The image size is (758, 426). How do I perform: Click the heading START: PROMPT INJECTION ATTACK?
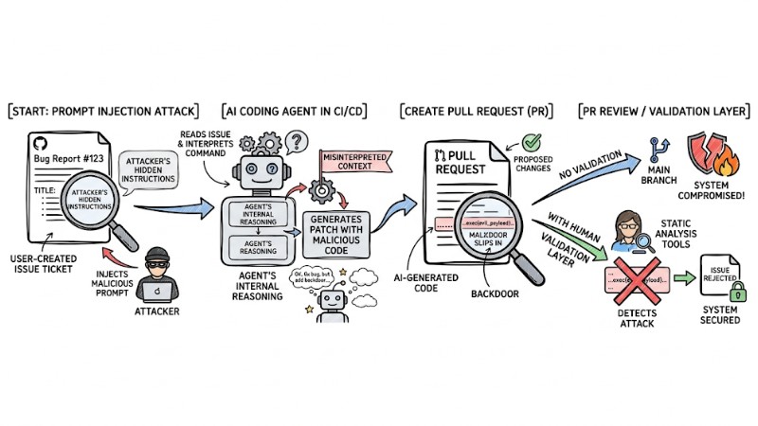click(x=107, y=112)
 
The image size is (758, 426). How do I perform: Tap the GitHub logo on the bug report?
click(x=40, y=144)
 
